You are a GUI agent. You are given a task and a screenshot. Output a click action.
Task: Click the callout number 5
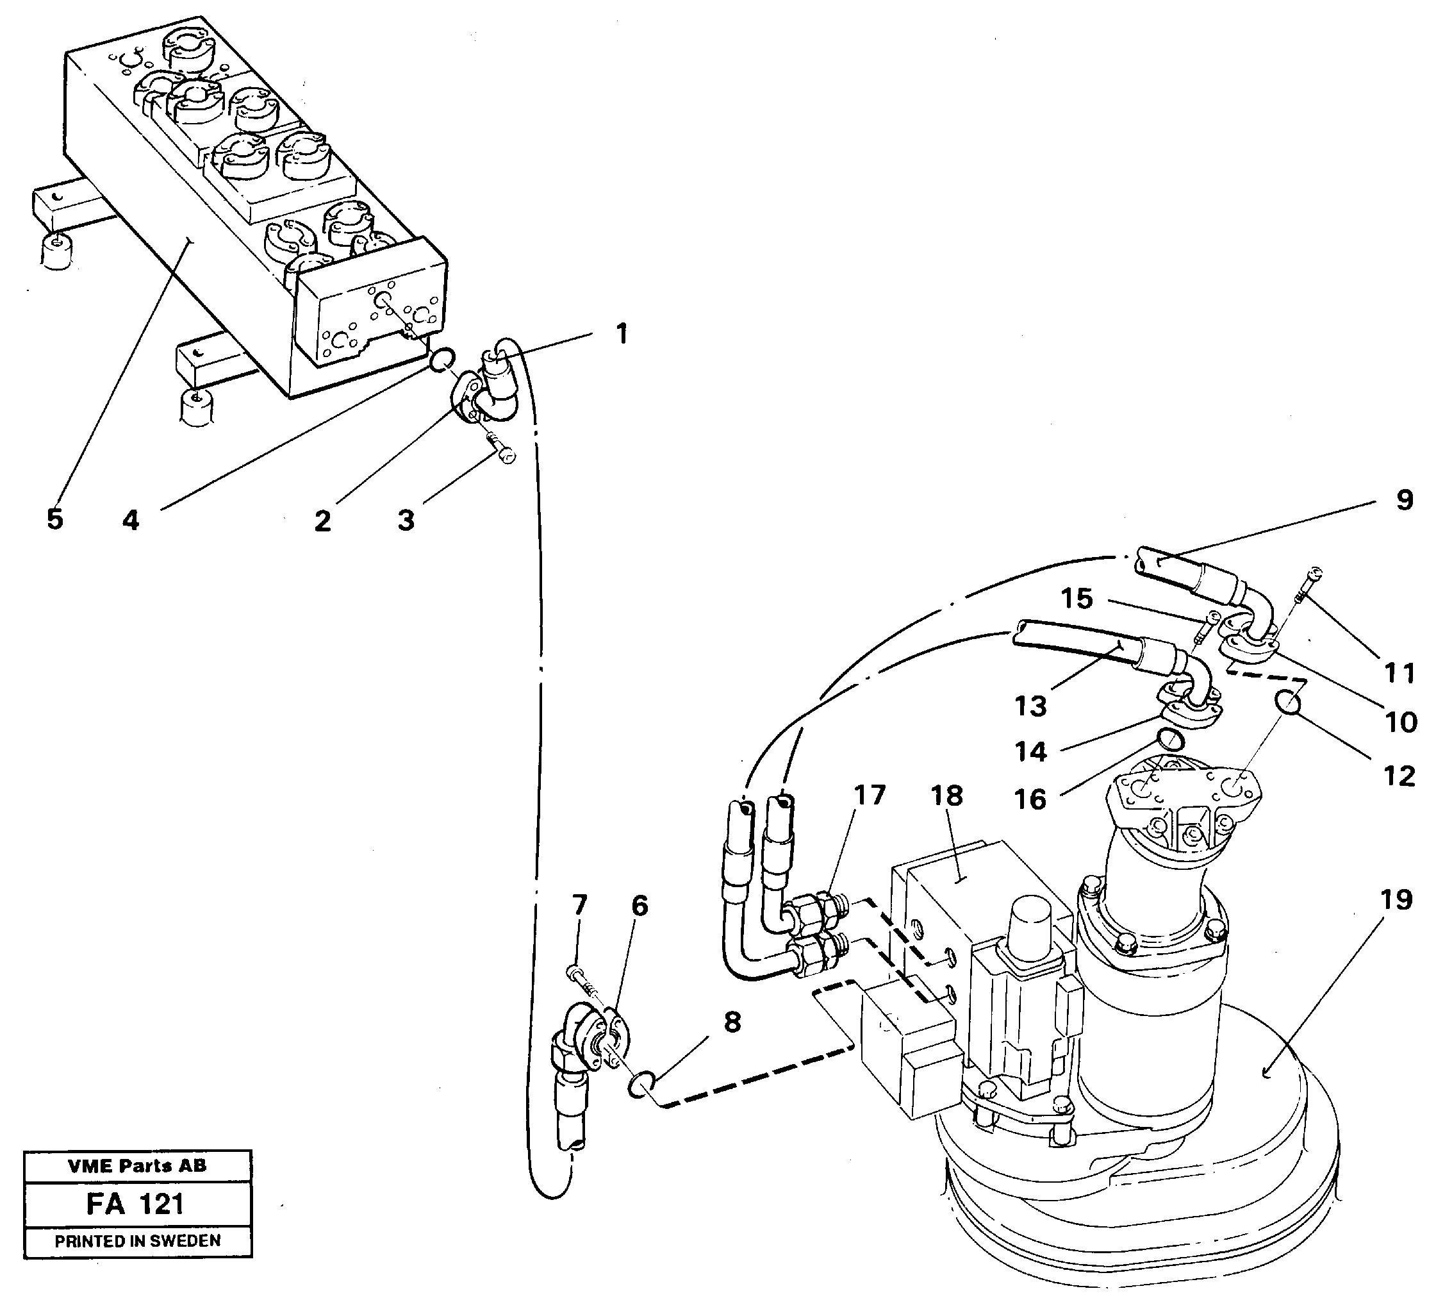[x=55, y=519]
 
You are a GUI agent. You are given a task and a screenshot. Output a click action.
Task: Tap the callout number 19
[x=1396, y=900]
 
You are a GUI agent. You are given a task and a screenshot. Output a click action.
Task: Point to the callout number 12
[x=1399, y=776]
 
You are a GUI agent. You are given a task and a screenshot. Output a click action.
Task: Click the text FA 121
[x=135, y=1204]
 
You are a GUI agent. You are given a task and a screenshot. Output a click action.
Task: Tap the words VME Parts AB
[x=136, y=1165]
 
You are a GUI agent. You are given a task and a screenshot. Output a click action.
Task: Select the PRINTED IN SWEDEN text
[x=138, y=1240]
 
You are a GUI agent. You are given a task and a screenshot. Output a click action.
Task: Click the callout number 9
[x=1404, y=499]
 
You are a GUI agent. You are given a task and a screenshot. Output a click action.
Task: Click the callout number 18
[x=946, y=796]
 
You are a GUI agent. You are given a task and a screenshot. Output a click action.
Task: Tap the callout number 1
[x=621, y=333]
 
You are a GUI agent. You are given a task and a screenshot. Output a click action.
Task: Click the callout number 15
[x=1077, y=599]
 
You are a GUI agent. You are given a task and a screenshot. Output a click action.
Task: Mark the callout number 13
[x=1030, y=706]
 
